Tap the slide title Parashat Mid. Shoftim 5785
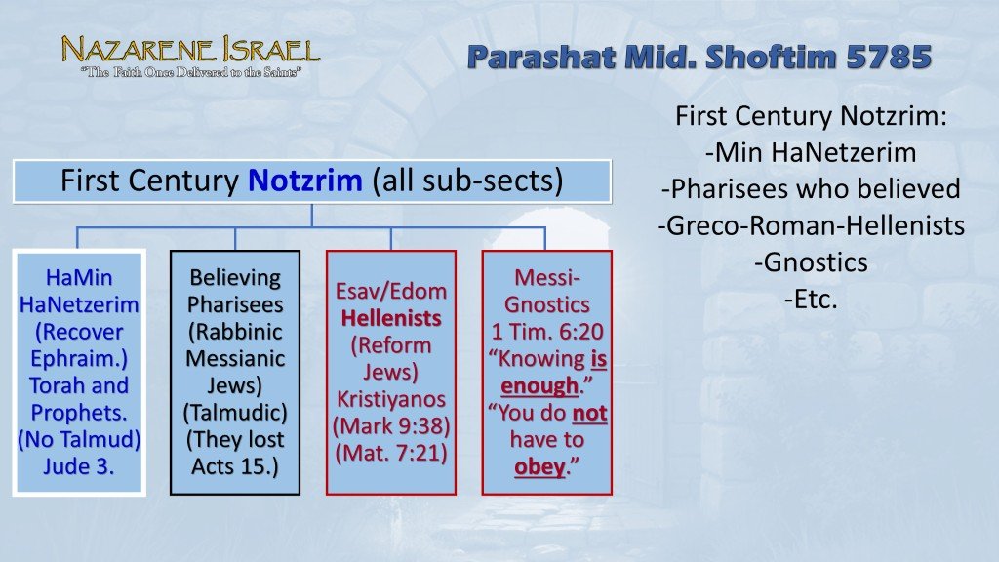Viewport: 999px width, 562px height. coord(699,58)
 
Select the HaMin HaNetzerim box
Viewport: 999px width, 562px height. coord(79,371)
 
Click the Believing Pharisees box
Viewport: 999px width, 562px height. coord(235,371)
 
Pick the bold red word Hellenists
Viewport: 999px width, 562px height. coord(391,318)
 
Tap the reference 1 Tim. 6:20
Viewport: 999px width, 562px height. coord(546,331)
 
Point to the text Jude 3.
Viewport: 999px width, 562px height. coord(79,465)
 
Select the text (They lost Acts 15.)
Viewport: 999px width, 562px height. coord(235,452)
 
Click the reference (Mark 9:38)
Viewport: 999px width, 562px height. coord(391,426)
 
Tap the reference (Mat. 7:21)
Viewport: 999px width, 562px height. coord(391,453)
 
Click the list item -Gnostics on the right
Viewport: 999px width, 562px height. coord(810,262)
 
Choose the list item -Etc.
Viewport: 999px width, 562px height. coord(810,299)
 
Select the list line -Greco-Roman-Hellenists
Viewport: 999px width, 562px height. coord(810,225)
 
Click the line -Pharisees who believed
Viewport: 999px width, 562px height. coord(810,189)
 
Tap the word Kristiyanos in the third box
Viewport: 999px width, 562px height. coord(391,399)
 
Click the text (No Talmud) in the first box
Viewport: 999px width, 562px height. coord(79,439)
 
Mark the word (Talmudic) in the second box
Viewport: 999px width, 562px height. coord(235,412)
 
